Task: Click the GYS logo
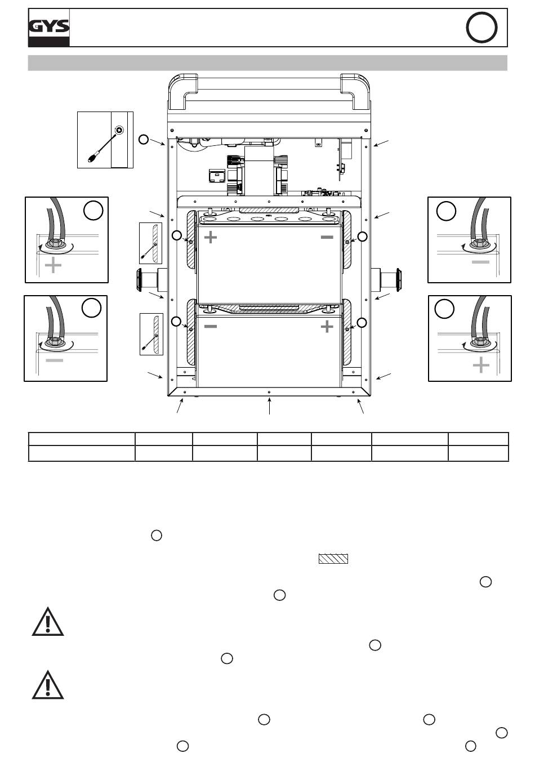tap(48, 28)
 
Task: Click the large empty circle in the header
tap(481, 28)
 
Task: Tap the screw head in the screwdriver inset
tap(119, 130)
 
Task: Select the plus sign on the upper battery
tap(211, 237)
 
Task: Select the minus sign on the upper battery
tap(327, 237)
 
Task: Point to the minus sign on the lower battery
tap(211, 327)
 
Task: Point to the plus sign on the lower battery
tap(327, 327)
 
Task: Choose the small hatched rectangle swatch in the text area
tap(333, 559)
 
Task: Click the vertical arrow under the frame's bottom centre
tap(269, 406)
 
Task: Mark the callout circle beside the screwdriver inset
tap(144, 139)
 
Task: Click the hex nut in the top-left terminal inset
tap(53, 243)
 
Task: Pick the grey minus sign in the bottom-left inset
tap(55, 360)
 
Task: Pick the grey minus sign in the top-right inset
tap(480, 262)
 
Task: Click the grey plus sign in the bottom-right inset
tap(481, 365)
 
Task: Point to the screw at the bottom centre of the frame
tap(269, 392)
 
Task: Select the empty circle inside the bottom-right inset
tap(444, 309)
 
